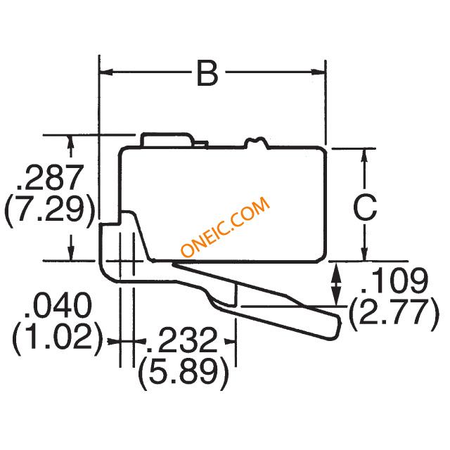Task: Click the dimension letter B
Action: pyautogui.click(x=207, y=73)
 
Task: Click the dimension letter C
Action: pyautogui.click(x=365, y=208)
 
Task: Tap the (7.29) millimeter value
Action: pyautogui.click(x=49, y=211)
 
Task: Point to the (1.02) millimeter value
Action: pyautogui.click(x=58, y=338)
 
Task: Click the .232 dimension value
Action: pyautogui.click(x=181, y=340)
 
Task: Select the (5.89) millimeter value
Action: pyautogui.click(x=184, y=373)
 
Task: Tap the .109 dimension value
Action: pyautogui.click(x=394, y=280)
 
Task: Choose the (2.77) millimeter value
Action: pyautogui.click(x=394, y=314)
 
